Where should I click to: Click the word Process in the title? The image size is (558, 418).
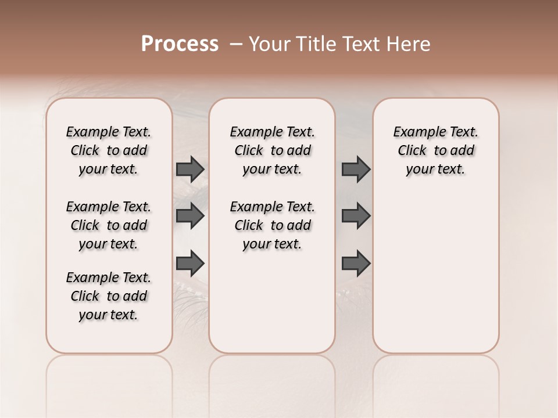[x=180, y=44]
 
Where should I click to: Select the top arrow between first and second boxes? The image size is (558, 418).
[x=190, y=169]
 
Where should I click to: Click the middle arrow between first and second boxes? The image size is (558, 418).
[x=190, y=216]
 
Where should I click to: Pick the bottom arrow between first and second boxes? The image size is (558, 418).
[x=190, y=263]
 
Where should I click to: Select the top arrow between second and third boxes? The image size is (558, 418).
[x=356, y=169]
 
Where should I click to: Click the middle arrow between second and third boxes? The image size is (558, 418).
[x=356, y=216]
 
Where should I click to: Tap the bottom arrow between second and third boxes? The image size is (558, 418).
[x=356, y=263]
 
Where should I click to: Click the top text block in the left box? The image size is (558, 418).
[x=109, y=150]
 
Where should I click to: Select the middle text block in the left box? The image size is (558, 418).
[x=109, y=225]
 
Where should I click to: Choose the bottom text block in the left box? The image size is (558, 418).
[x=109, y=296]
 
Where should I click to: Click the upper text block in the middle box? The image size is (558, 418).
[x=272, y=150]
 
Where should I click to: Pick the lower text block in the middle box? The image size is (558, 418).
[x=272, y=225]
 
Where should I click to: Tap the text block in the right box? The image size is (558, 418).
[x=435, y=150]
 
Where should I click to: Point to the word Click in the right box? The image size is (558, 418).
[x=412, y=151]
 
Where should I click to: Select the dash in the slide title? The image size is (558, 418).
[x=236, y=44]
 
